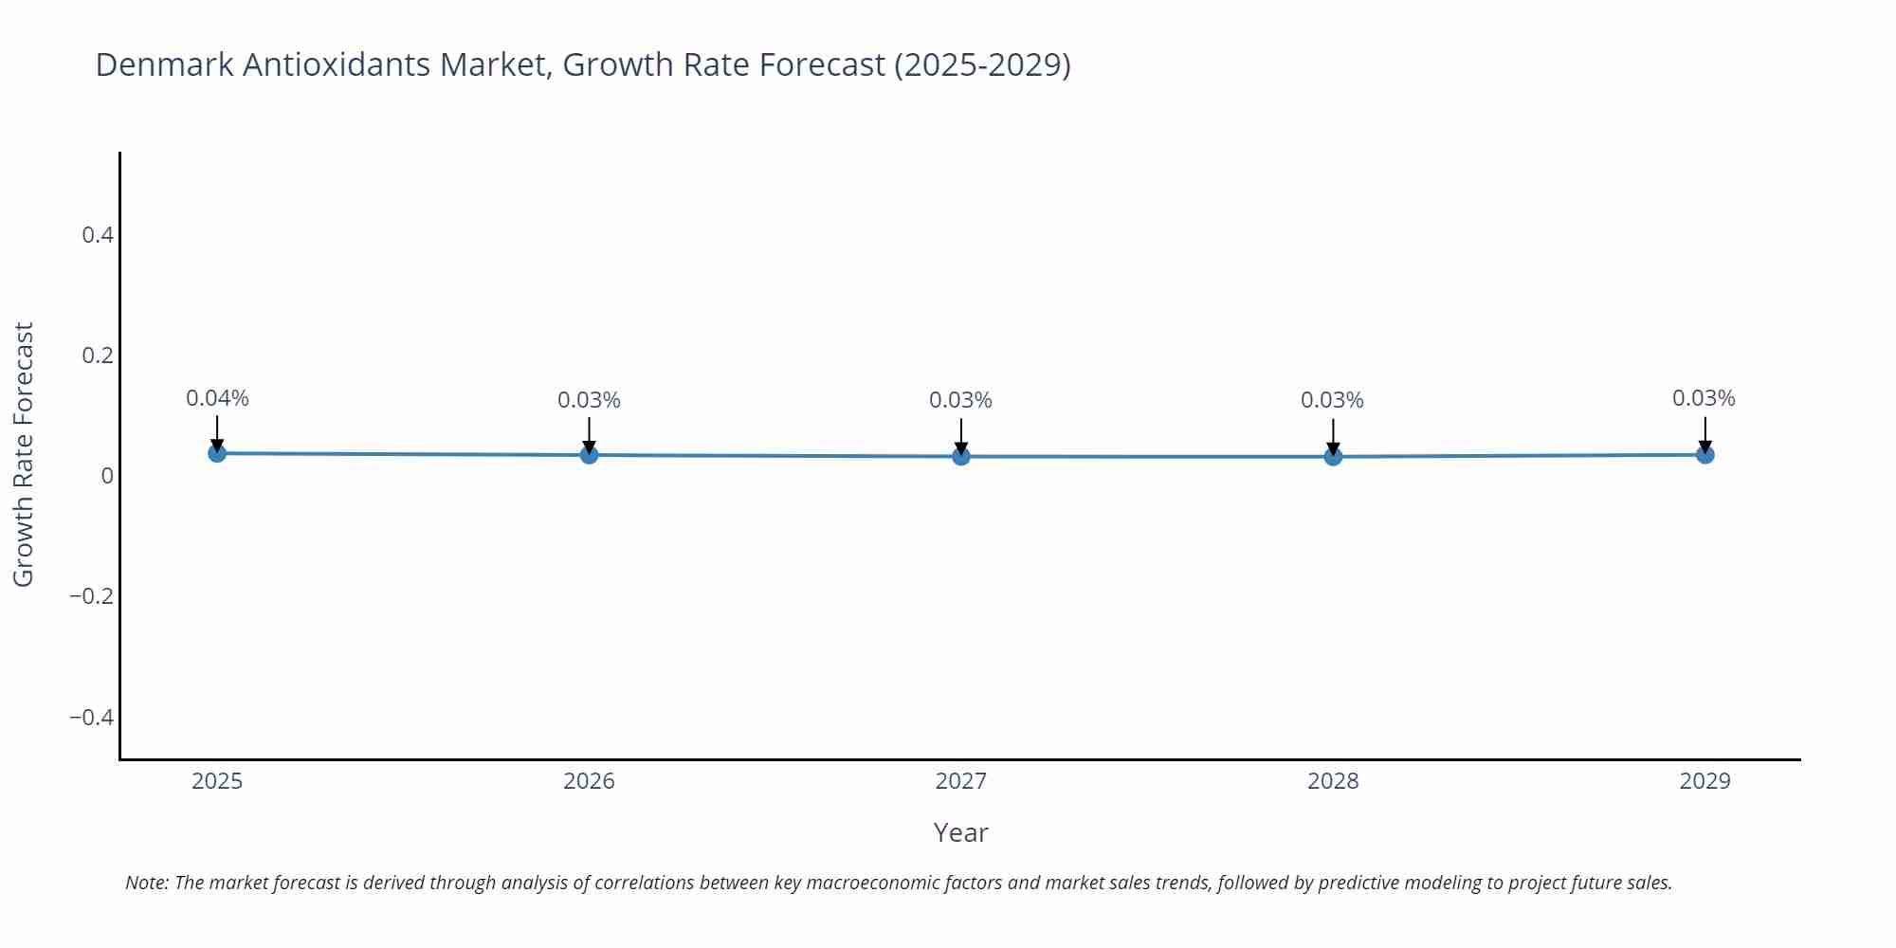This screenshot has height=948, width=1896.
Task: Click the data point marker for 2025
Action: (217, 453)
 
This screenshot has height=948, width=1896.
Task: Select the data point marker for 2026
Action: (589, 455)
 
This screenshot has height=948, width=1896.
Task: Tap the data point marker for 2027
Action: (961, 457)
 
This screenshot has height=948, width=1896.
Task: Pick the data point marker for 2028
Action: (1333, 457)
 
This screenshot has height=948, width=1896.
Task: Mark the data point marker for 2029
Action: (1705, 455)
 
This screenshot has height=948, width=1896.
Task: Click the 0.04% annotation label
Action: (217, 399)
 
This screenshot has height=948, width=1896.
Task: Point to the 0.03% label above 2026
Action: (589, 401)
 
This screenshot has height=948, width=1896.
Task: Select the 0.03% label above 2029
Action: (1704, 399)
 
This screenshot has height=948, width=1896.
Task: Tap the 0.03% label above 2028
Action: (1332, 401)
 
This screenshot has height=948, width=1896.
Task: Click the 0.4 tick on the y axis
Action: (98, 235)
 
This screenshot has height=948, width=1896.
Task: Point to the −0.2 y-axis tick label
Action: (91, 596)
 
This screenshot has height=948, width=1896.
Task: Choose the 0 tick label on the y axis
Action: (107, 476)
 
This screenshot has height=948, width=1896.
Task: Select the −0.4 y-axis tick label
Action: (91, 718)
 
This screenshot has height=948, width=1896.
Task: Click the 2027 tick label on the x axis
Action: (960, 781)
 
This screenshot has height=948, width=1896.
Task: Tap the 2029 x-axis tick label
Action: (1705, 781)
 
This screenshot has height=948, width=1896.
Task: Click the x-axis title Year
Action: (960, 832)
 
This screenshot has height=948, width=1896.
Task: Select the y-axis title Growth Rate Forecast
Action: (24, 454)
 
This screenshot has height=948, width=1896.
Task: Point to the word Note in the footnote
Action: (146, 883)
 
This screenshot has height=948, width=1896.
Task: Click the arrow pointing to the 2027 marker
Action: (961, 436)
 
